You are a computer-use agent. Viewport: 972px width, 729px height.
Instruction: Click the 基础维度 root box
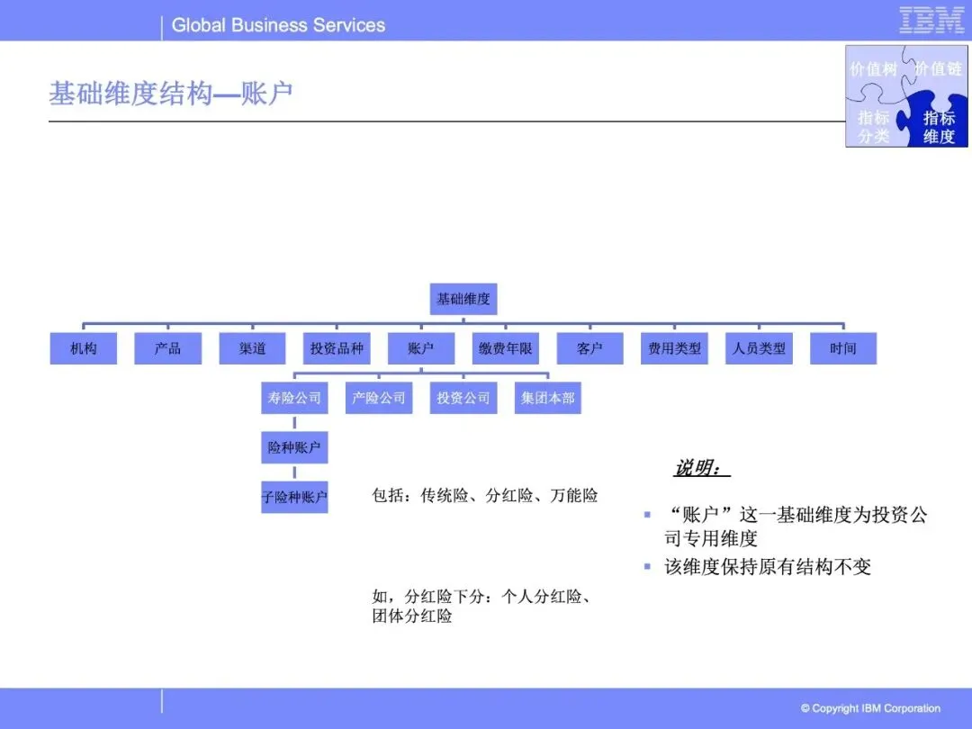point(463,299)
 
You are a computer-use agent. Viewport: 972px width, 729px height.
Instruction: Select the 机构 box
point(84,348)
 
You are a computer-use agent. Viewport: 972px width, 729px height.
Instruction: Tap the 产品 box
point(168,348)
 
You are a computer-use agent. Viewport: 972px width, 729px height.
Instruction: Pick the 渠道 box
point(253,348)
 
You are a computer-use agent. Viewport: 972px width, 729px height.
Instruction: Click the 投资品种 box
point(337,348)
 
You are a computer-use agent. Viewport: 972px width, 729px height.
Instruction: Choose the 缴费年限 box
point(506,348)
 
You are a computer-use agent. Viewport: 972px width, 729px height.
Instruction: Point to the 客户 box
point(589,348)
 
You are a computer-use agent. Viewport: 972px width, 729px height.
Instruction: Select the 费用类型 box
point(674,348)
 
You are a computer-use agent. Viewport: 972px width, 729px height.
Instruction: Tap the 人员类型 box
point(759,348)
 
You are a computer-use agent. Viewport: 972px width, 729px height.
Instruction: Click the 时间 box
point(843,348)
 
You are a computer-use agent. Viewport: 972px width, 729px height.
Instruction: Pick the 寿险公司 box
point(294,398)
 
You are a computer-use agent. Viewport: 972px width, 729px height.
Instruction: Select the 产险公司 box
point(379,398)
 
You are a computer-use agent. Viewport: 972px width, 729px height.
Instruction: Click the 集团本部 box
point(548,398)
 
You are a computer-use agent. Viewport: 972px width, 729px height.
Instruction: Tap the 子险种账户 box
point(294,497)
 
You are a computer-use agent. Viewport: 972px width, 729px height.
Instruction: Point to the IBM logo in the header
point(931,21)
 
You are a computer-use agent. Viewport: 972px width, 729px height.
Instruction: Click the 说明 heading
point(700,468)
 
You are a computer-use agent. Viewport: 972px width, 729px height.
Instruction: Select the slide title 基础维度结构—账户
point(171,94)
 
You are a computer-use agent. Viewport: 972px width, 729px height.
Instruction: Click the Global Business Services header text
point(278,25)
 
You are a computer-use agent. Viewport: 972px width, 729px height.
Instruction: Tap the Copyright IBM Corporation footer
point(870,708)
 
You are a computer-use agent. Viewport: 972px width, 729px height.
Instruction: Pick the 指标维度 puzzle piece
point(939,127)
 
